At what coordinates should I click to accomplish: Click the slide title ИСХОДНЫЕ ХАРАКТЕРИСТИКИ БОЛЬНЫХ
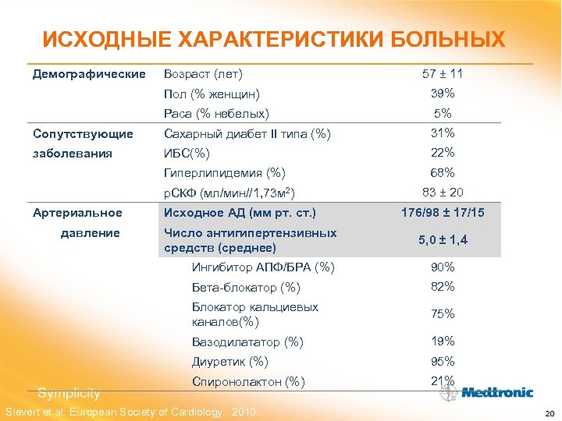point(273,39)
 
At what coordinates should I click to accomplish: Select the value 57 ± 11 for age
point(443,74)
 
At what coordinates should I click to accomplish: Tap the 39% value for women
point(443,94)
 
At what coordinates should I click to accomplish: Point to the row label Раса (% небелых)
point(216,114)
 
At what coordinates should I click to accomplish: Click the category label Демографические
point(89,74)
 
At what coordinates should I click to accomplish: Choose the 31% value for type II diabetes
point(443,133)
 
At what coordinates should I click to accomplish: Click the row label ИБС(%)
point(187,154)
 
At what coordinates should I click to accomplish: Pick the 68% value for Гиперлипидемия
point(443,172)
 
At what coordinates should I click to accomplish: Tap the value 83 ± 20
point(443,192)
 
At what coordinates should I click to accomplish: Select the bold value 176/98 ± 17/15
point(443,212)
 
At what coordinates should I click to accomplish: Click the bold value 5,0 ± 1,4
point(443,241)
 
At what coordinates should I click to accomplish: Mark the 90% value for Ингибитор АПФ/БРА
point(443,267)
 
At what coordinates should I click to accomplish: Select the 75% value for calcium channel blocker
point(443,313)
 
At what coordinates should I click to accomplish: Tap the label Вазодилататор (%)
point(247,341)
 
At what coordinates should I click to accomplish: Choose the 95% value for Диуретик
point(443,361)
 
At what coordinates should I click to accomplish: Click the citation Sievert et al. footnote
point(132,412)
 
